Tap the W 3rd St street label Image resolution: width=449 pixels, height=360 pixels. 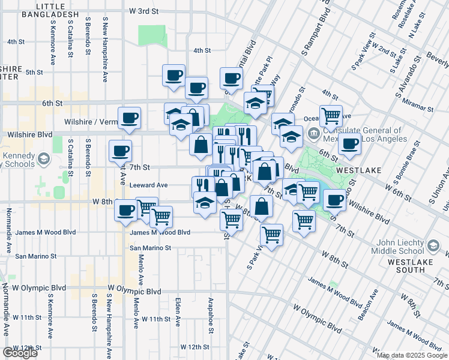coord(144,11)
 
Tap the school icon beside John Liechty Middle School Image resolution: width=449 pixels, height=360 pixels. coord(433,246)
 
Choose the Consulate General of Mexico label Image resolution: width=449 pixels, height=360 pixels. coord(361,134)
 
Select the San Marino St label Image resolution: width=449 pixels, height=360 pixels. coord(151,247)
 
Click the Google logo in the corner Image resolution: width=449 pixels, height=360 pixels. coord(20,353)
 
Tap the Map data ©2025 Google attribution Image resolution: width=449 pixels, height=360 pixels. coord(412,355)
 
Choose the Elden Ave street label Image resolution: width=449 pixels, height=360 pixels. coord(178,311)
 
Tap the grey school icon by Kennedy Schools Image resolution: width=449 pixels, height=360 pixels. coord(43,159)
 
